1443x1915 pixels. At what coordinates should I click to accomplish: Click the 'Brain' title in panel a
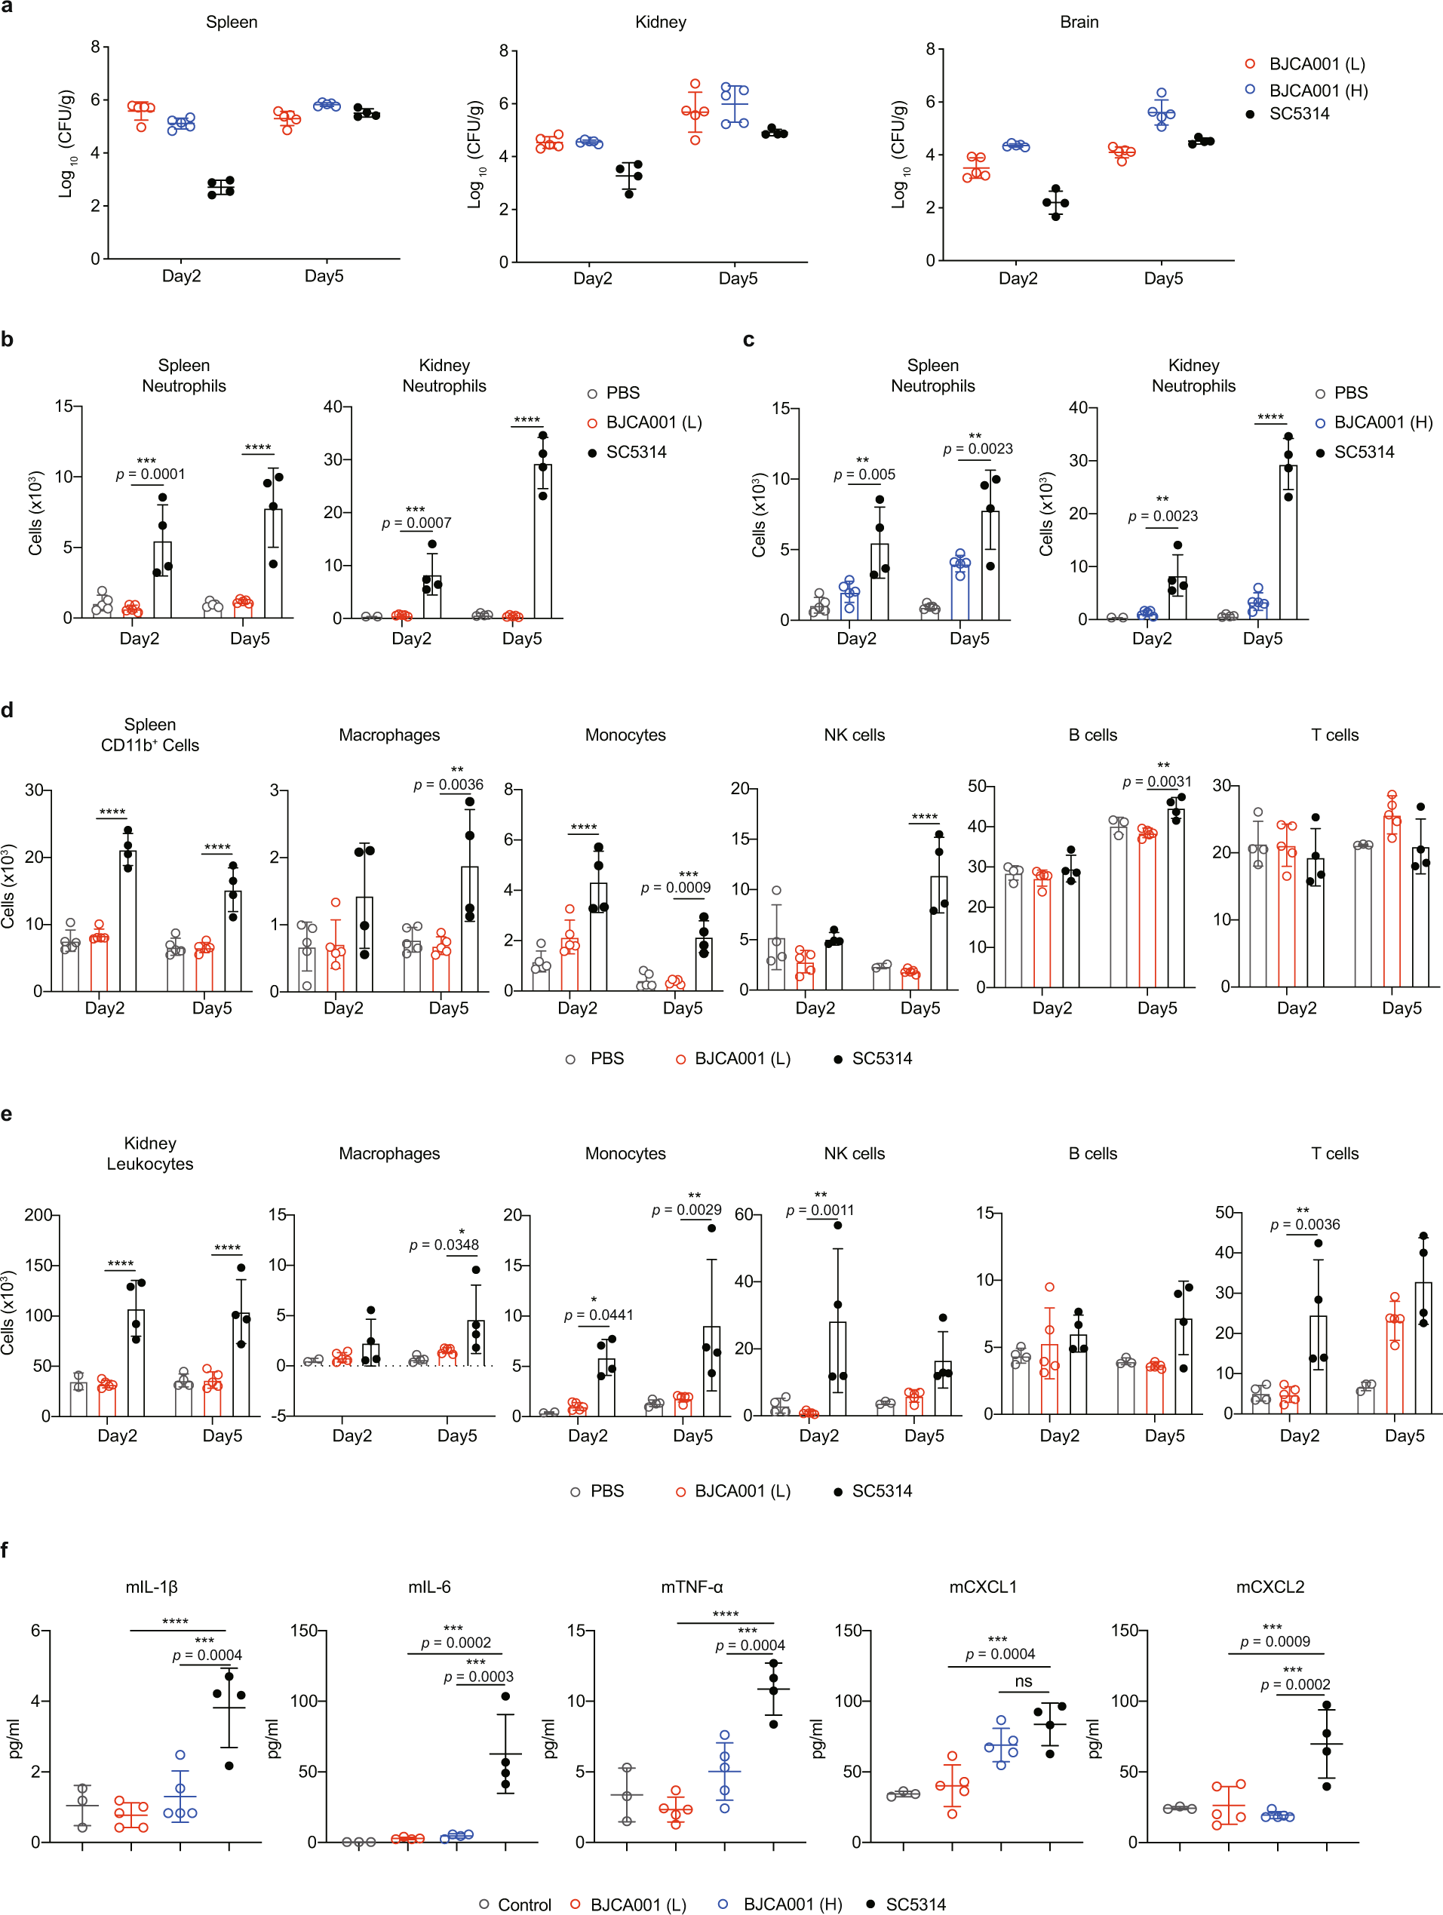[x=1079, y=23]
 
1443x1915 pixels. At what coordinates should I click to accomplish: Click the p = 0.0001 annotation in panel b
[x=151, y=474]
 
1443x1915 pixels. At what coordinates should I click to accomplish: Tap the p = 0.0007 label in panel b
[x=416, y=523]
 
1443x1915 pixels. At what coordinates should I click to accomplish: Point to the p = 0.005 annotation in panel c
[x=864, y=474]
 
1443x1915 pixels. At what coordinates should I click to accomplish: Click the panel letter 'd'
[x=8, y=710]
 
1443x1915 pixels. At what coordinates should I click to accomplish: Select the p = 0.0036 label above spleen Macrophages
[x=448, y=785]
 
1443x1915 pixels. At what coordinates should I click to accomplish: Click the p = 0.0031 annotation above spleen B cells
[x=1156, y=781]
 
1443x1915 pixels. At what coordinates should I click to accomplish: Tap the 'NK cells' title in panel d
[x=854, y=735]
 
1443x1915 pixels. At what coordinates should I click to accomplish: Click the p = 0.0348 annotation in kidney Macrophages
[x=444, y=1245]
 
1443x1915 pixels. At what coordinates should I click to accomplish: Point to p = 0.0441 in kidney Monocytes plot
[x=598, y=1315]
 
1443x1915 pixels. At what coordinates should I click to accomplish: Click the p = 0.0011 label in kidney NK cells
[x=819, y=1211]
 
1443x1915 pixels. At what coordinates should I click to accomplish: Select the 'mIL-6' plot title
[x=429, y=1587]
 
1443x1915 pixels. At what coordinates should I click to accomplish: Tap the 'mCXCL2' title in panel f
[x=1269, y=1587]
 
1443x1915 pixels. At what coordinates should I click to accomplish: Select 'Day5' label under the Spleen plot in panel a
[x=324, y=276]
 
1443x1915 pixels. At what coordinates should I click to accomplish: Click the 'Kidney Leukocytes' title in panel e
[x=150, y=1153]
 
